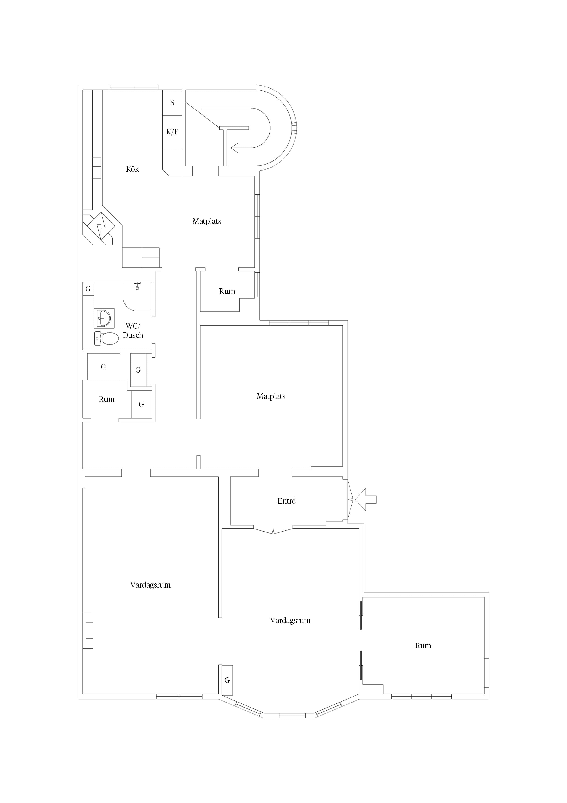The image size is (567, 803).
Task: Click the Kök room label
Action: click(x=132, y=169)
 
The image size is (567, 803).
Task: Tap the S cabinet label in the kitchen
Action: click(x=172, y=103)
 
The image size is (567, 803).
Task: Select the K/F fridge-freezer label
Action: click(x=172, y=132)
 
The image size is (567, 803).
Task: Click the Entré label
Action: click(x=286, y=501)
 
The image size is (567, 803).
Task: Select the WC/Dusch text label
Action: click(x=133, y=331)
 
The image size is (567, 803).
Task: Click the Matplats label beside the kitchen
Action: click(x=207, y=221)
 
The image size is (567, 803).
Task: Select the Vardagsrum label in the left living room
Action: click(x=150, y=585)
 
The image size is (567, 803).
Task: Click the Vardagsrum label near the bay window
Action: click(x=290, y=620)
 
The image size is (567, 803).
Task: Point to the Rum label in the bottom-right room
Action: click(x=423, y=646)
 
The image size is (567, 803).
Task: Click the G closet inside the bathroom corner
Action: click(x=88, y=289)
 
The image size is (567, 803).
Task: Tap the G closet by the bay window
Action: click(x=227, y=680)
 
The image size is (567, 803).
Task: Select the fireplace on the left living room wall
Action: click(x=88, y=630)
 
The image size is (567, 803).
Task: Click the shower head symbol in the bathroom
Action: click(x=137, y=286)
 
